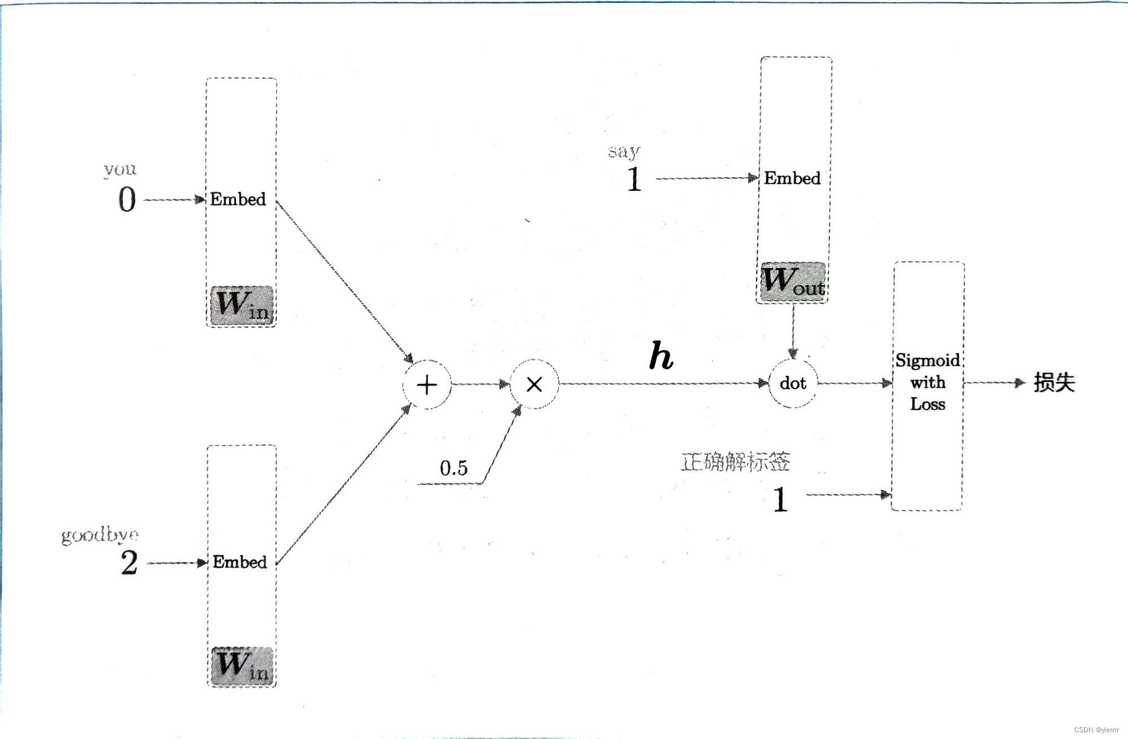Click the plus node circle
click(x=427, y=384)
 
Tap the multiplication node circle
click(x=534, y=384)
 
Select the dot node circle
click(x=792, y=383)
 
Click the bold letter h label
click(x=661, y=356)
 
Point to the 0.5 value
click(x=453, y=468)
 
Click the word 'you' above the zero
click(x=120, y=169)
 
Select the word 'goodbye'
click(x=100, y=534)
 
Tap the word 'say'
click(x=624, y=151)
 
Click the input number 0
click(x=127, y=200)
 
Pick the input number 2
click(x=129, y=563)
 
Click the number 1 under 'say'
click(x=634, y=179)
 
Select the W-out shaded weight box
click(x=792, y=282)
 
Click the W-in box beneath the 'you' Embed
click(x=242, y=305)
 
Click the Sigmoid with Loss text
click(x=928, y=382)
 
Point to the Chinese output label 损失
click(x=1054, y=383)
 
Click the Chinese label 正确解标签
click(x=735, y=462)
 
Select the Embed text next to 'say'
click(x=792, y=178)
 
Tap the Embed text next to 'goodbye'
click(x=240, y=562)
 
